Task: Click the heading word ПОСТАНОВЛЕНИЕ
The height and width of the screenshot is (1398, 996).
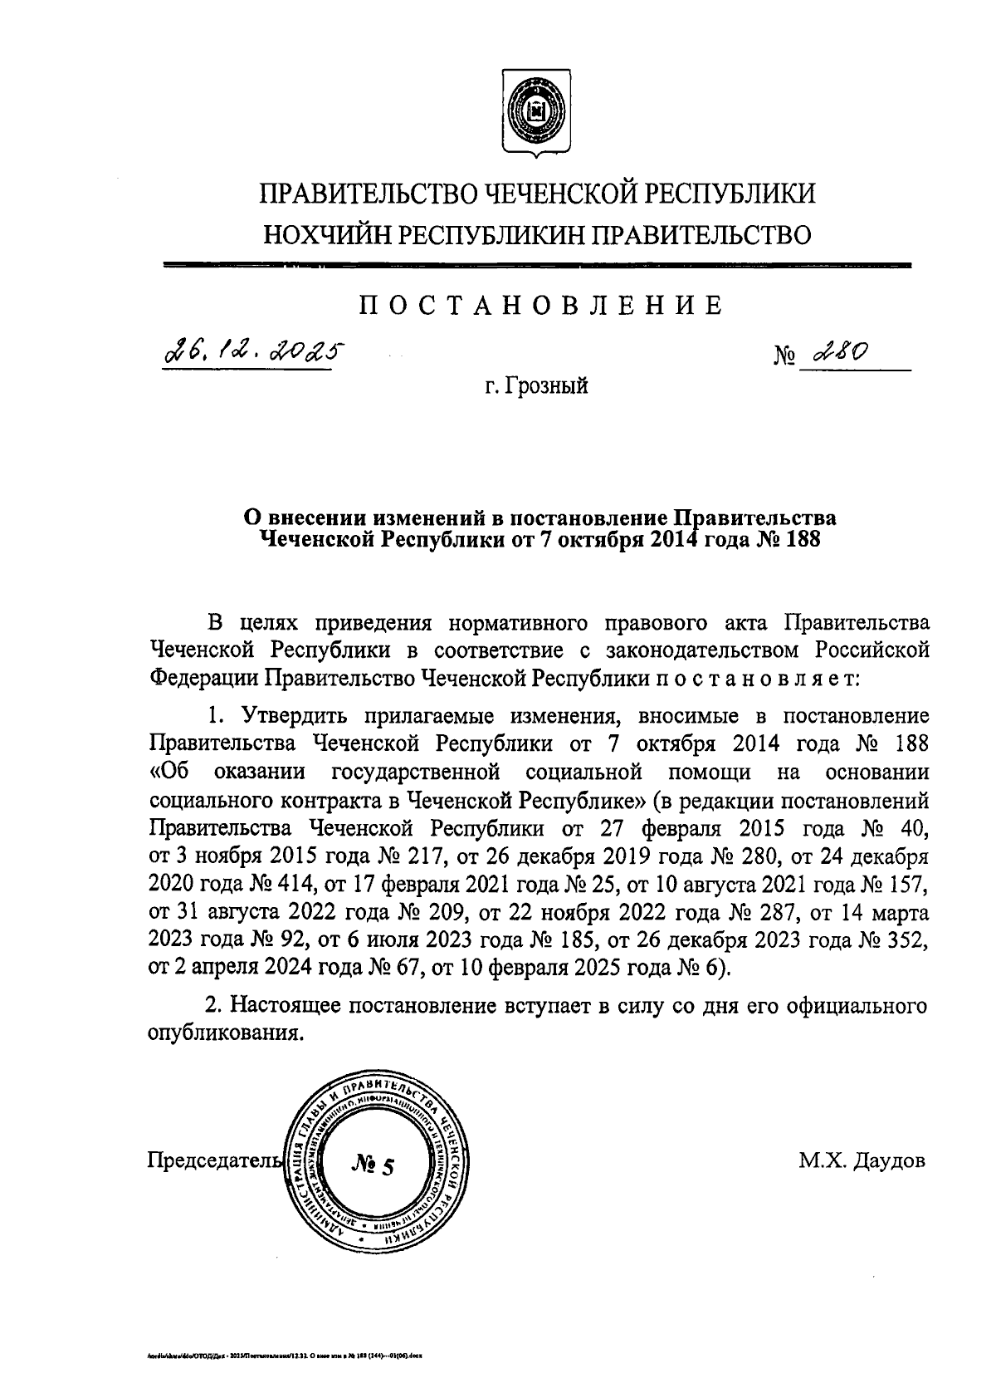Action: [540, 306]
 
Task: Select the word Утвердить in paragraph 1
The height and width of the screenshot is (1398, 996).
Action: [286, 715]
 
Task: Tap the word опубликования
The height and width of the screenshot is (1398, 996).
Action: [222, 1034]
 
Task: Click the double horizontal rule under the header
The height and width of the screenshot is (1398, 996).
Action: [538, 266]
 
